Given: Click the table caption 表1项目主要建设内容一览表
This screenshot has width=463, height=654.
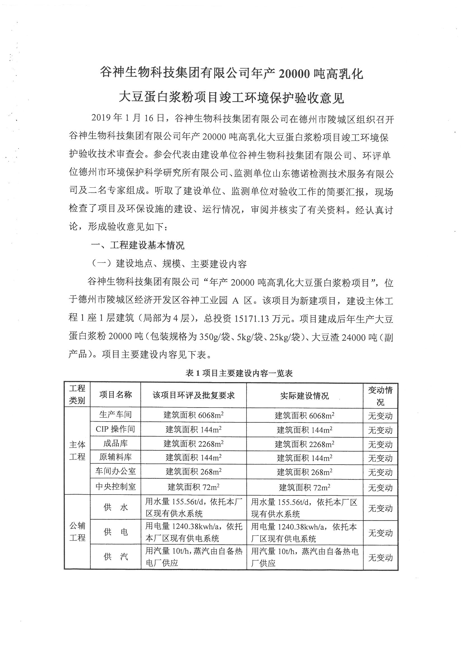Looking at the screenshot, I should (x=239, y=373).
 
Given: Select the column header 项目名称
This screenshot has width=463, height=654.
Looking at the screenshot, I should (x=115, y=395).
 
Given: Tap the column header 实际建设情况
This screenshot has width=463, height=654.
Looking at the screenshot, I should (x=304, y=396).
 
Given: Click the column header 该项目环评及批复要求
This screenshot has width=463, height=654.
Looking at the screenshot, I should (x=194, y=395).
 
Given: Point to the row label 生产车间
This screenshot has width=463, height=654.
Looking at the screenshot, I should (x=115, y=415).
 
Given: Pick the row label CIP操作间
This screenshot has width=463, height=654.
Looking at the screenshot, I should (x=115, y=429).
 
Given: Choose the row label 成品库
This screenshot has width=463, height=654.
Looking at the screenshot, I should (x=115, y=443).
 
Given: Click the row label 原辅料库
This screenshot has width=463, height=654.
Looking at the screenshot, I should (x=115, y=457).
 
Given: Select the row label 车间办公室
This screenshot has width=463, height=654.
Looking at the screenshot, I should (x=115, y=471).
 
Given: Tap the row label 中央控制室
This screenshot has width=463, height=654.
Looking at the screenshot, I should (x=115, y=486).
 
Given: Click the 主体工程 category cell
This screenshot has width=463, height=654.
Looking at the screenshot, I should (x=77, y=451).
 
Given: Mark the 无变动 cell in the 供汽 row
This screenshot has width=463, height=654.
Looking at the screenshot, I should (x=380, y=557).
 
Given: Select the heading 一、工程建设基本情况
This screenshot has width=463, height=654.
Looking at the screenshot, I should (x=138, y=245).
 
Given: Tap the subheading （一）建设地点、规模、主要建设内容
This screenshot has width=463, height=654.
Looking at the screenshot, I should (x=169, y=264).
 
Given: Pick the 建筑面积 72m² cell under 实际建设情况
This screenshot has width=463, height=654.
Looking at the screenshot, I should (x=304, y=487).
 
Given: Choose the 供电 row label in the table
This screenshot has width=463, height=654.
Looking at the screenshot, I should (x=115, y=532).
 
